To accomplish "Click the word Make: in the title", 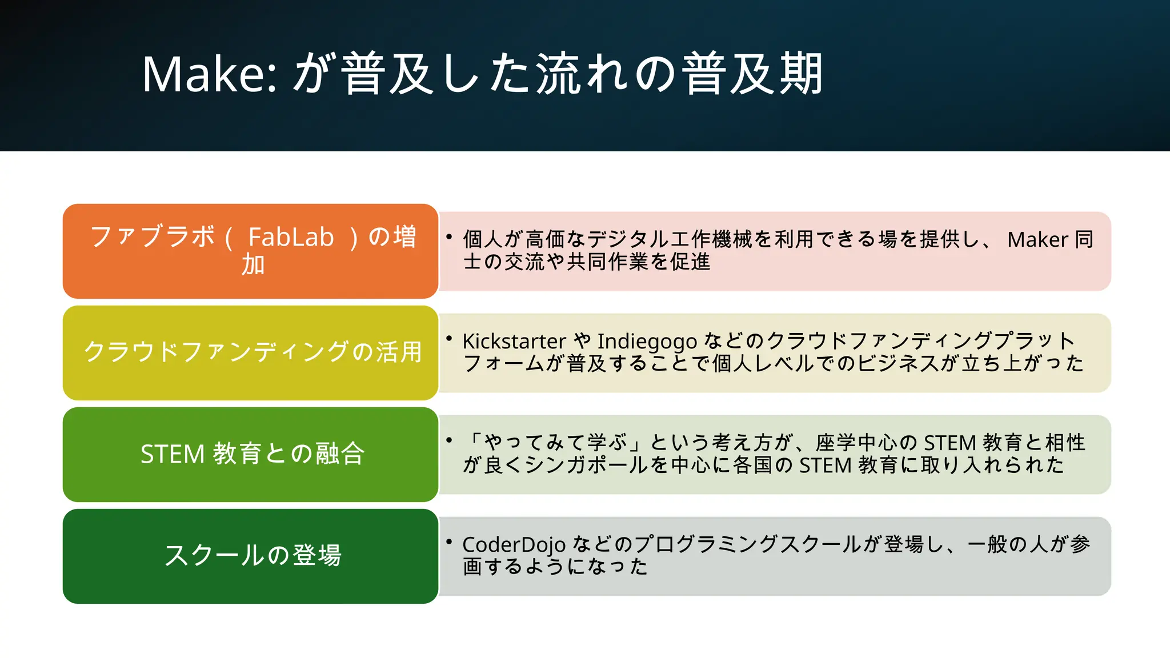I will (209, 74).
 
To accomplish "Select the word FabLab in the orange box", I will (291, 237).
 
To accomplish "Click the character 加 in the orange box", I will (252, 264).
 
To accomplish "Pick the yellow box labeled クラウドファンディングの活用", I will (251, 352).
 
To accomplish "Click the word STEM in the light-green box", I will (172, 454).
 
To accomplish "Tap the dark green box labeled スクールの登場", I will (251, 555).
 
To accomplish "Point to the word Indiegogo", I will (647, 342).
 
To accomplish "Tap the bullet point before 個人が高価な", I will (449, 236).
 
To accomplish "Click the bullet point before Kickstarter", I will (449, 338).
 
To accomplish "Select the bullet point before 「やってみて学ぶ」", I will (449, 440).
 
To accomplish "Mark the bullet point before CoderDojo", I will (449, 541).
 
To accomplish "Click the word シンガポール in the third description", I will (586, 465).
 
